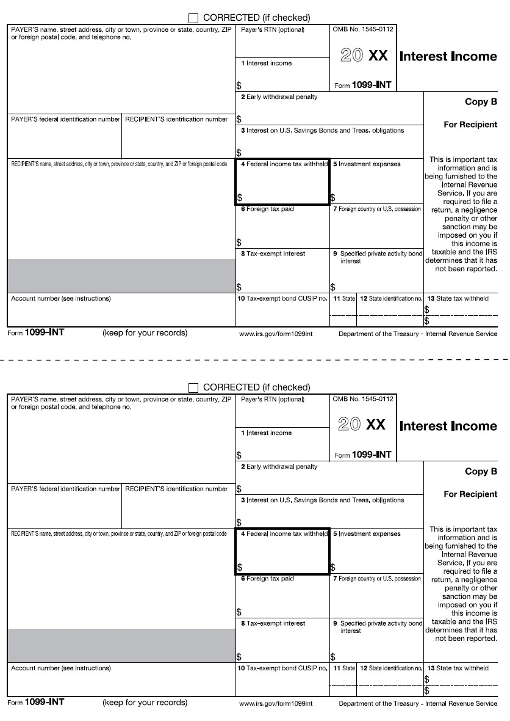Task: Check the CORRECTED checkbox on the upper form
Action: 194,18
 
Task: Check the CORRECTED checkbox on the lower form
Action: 194,387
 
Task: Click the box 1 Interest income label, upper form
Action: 266,64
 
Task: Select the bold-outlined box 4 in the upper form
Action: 282,181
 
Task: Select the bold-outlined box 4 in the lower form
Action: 282,551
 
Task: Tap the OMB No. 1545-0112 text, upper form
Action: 364,29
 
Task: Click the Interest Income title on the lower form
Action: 448,426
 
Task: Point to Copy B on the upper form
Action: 481,102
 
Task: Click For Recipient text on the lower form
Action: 470,494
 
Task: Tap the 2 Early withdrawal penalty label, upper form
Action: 279,97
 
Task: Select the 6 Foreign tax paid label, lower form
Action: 267,579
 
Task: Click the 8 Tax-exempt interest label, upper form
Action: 273,254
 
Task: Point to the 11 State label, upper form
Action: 344,299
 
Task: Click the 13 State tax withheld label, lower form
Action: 458,668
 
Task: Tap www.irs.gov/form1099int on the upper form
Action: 276,334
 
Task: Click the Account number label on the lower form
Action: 61,668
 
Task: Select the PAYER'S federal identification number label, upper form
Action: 65,120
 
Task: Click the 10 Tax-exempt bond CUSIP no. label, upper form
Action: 282,299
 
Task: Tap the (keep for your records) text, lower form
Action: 145,703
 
